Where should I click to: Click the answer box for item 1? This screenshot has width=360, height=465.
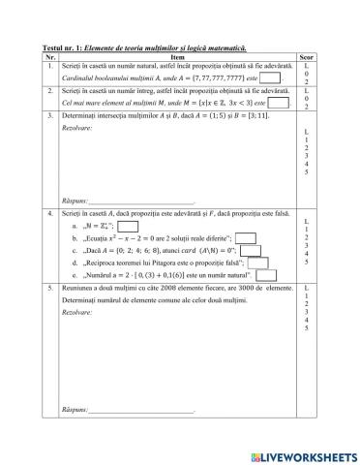[270, 77]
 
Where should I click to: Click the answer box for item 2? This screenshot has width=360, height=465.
[278, 102]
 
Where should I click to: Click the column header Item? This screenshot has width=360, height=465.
[182, 55]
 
